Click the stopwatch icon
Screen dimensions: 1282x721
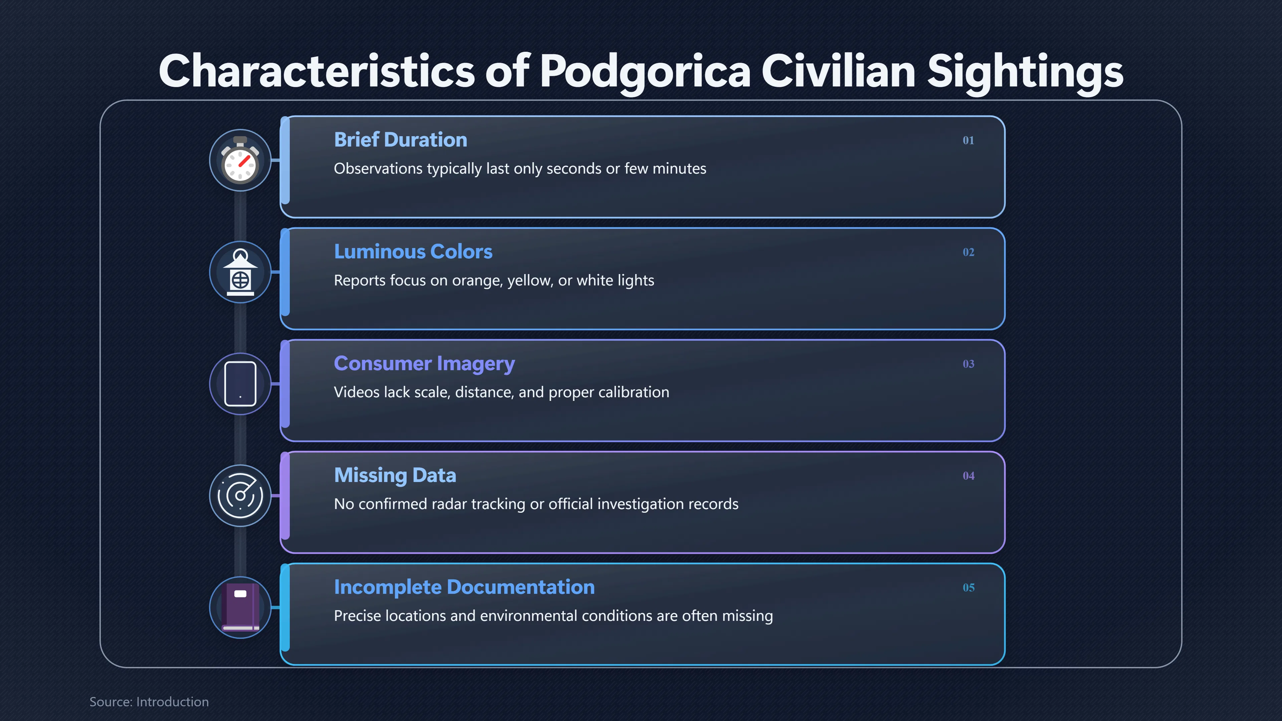click(240, 160)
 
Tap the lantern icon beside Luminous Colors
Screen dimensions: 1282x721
click(240, 272)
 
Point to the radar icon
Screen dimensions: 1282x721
click(240, 496)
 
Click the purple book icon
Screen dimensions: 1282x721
click(240, 608)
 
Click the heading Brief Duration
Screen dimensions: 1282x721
click(401, 140)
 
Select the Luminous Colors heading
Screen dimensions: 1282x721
click(413, 252)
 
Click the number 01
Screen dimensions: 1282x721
click(968, 140)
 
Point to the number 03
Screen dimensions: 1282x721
click(968, 364)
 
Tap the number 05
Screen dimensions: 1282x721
click(968, 587)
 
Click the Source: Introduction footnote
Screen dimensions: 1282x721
click(149, 702)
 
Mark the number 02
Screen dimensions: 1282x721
click(968, 252)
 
